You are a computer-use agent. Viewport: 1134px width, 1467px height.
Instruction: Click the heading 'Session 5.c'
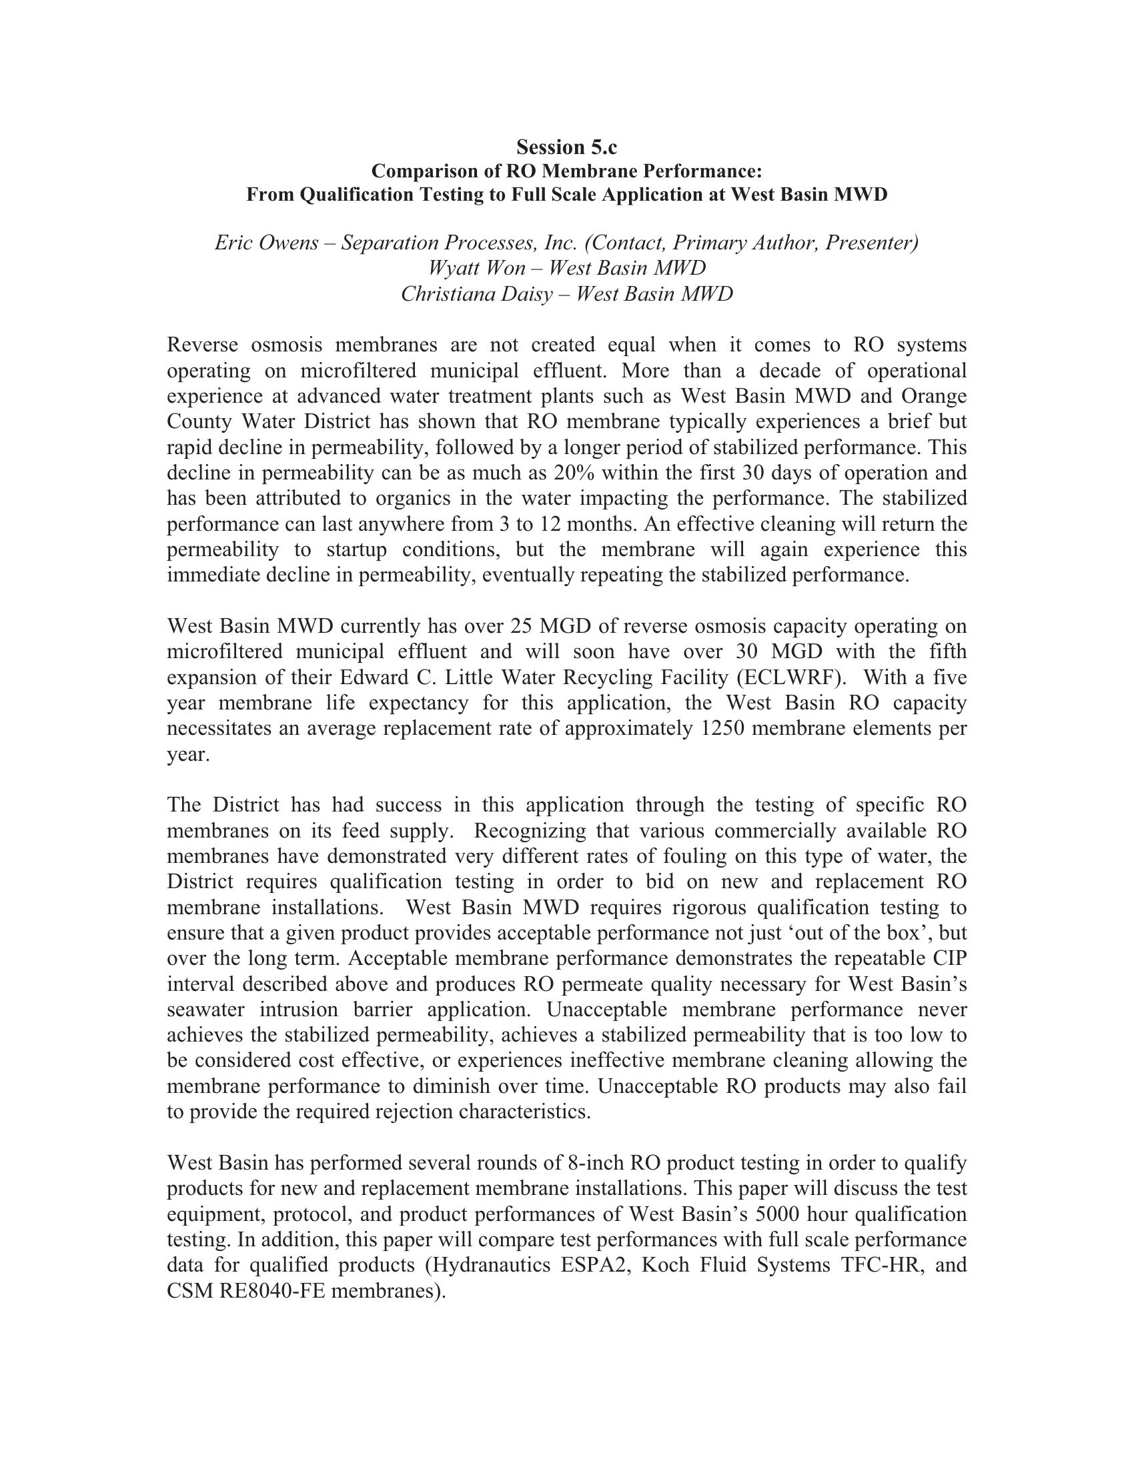(566, 147)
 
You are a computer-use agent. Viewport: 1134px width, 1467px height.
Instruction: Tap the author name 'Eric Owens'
(266, 243)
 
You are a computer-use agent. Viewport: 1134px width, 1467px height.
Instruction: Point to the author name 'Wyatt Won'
(476, 268)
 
